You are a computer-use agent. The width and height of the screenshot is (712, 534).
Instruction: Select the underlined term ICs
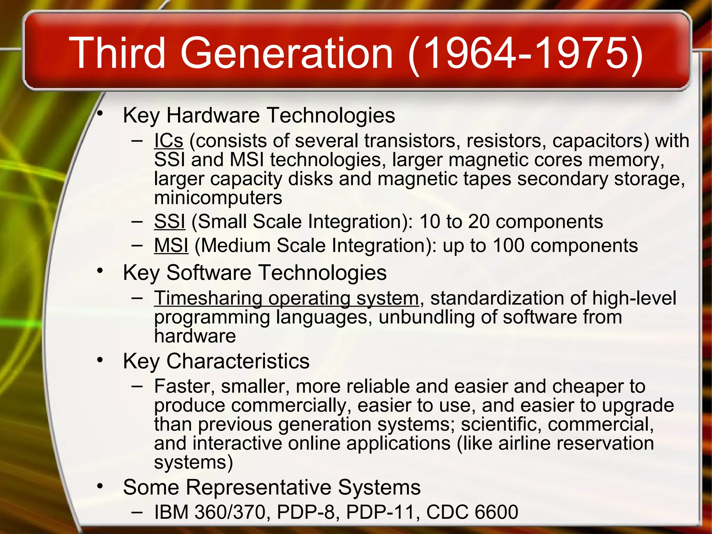pyautogui.click(x=169, y=141)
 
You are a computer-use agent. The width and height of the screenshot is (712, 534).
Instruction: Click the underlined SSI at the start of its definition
pyautogui.click(x=170, y=221)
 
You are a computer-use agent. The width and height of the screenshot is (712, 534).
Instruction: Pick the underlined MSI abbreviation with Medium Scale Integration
pyautogui.click(x=171, y=245)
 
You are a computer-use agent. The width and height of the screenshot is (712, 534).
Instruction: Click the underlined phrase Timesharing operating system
pyautogui.click(x=286, y=298)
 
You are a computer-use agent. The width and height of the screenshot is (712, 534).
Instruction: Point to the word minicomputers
pyautogui.click(x=218, y=198)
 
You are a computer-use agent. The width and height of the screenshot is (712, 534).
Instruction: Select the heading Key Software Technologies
pyautogui.click(x=254, y=272)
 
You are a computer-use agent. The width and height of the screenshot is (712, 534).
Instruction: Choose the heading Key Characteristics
pyautogui.click(x=216, y=361)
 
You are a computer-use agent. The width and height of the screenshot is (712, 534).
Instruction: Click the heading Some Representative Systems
pyautogui.click(x=272, y=487)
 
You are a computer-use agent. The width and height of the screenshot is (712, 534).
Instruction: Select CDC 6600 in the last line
pyautogui.click(x=472, y=512)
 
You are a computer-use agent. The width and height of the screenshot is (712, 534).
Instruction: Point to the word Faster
pyautogui.click(x=184, y=386)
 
